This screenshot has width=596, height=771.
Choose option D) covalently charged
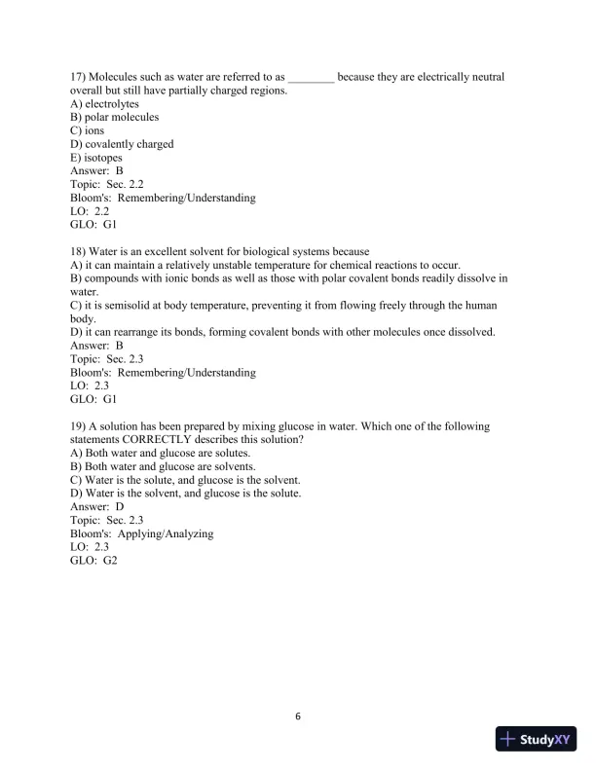point(122,144)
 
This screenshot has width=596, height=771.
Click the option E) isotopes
point(96,158)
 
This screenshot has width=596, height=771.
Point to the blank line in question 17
point(312,76)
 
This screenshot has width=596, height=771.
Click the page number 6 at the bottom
point(298,717)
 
